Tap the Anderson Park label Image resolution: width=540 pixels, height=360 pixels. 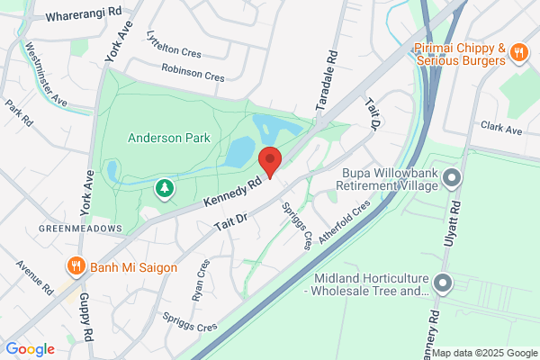click(168, 138)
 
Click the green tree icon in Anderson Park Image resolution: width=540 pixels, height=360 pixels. click(165, 188)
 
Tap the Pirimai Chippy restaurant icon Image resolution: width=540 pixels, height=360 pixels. click(518, 53)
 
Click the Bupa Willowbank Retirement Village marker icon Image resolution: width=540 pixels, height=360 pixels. click(453, 175)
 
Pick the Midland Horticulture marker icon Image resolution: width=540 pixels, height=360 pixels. click(442, 283)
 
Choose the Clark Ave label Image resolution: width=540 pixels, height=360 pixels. click(501, 129)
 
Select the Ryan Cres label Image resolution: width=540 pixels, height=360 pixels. click(200, 282)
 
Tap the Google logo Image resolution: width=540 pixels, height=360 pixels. click(30, 348)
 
